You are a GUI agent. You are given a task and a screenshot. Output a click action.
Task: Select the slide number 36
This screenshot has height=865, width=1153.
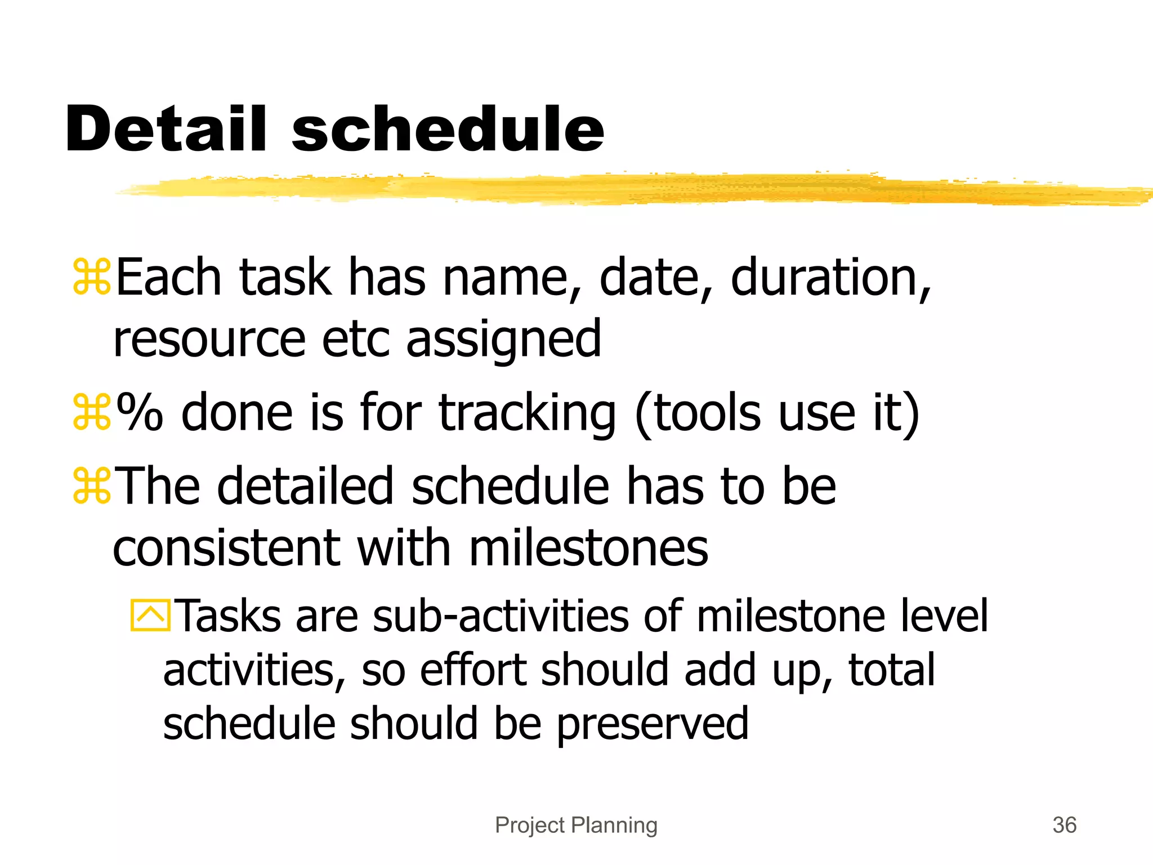1064,825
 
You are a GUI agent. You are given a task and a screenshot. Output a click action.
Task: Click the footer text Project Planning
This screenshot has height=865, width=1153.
576,825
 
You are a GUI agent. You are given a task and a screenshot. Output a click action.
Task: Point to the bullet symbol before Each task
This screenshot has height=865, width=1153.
92,277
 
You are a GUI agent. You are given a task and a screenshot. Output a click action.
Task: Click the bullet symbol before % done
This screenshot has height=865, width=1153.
92,413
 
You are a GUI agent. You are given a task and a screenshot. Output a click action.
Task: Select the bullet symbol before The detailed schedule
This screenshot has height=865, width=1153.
92,485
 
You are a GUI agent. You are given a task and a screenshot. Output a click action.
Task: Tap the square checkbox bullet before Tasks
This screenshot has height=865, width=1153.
150,615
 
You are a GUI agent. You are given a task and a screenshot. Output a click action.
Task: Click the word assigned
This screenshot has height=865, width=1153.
503,340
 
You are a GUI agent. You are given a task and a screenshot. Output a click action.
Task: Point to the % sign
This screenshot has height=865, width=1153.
140,413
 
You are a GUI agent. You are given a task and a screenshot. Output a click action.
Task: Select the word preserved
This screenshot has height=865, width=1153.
653,724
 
